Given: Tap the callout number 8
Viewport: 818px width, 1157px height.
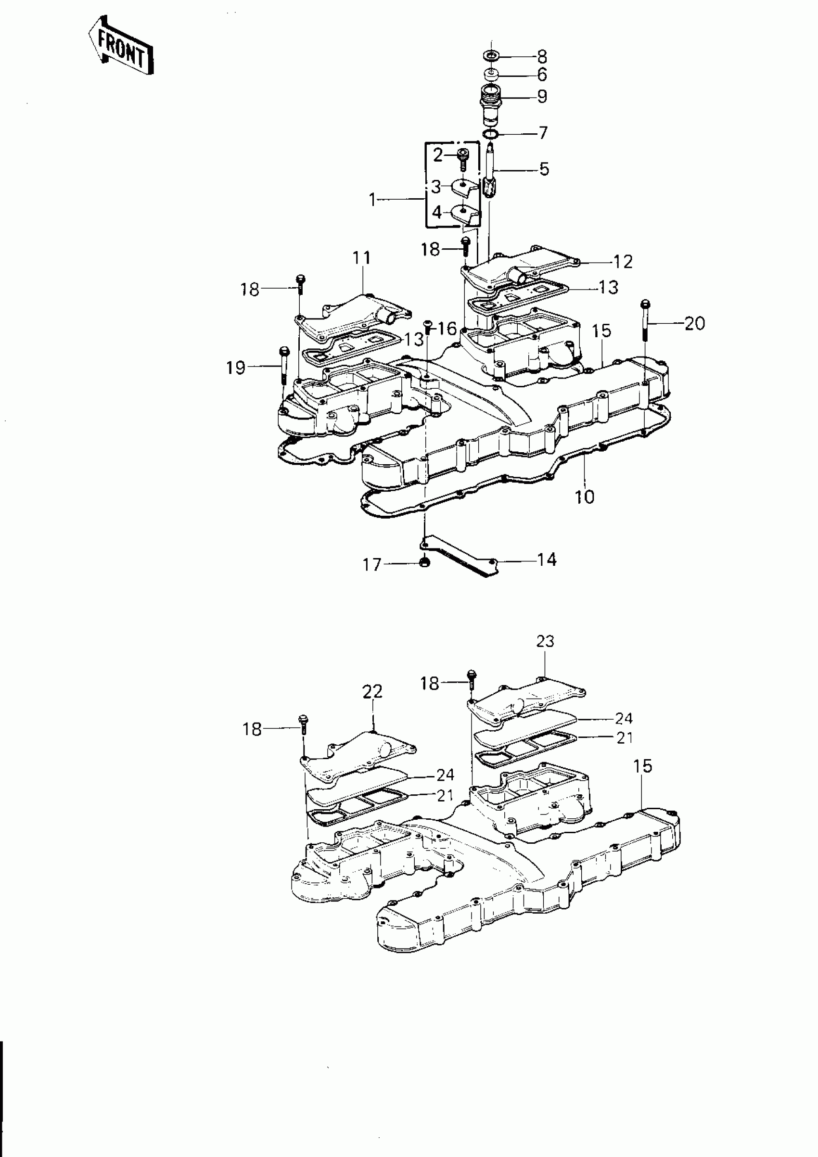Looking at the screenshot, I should click(542, 56).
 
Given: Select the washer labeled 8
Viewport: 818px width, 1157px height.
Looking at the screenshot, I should click(491, 55).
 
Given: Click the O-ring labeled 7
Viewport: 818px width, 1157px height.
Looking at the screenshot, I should click(490, 135).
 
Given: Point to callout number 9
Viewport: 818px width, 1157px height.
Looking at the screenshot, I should click(542, 96).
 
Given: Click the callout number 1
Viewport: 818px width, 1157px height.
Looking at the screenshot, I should click(372, 200).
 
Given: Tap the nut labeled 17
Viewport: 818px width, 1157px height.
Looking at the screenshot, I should click(425, 562).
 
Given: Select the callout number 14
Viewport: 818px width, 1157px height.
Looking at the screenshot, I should click(546, 559).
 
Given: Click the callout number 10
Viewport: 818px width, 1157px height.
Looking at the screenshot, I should click(584, 497).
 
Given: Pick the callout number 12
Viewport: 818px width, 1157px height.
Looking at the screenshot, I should click(623, 262).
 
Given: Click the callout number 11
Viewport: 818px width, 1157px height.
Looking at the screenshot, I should click(361, 257).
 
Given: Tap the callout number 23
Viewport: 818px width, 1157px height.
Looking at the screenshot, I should click(545, 641).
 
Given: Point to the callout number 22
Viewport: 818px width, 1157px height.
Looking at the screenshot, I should click(372, 691).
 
